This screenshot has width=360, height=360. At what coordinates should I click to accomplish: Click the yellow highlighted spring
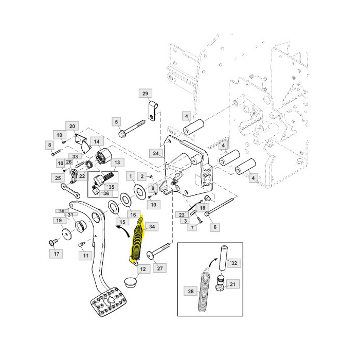click(x=137, y=241)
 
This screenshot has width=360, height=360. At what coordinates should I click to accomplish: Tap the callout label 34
click(x=152, y=227)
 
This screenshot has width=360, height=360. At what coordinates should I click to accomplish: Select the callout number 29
click(x=146, y=94)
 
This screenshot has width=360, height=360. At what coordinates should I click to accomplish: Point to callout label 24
click(x=156, y=153)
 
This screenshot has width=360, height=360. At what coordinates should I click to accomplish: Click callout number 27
click(x=160, y=268)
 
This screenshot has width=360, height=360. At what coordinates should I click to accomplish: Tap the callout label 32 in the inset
click(x=234, y=263)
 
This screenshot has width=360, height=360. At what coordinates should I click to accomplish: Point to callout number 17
click(x=56, y=254)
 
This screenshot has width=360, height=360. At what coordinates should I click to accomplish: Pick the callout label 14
click(x=97, y=141)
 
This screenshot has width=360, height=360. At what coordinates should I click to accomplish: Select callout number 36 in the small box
click(x=106, y=193)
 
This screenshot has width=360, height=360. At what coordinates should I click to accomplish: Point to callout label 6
click(x=215, y=227)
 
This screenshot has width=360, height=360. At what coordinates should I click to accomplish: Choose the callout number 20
click(x=72, y=127)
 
